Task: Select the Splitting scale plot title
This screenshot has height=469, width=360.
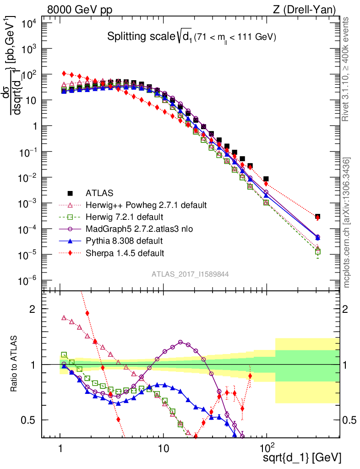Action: click(191, 37)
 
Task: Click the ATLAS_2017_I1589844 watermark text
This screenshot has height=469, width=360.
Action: click(191, 274)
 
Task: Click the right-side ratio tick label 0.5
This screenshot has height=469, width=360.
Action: click(349, 420)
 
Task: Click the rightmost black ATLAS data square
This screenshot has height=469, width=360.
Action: click(317, 217)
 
